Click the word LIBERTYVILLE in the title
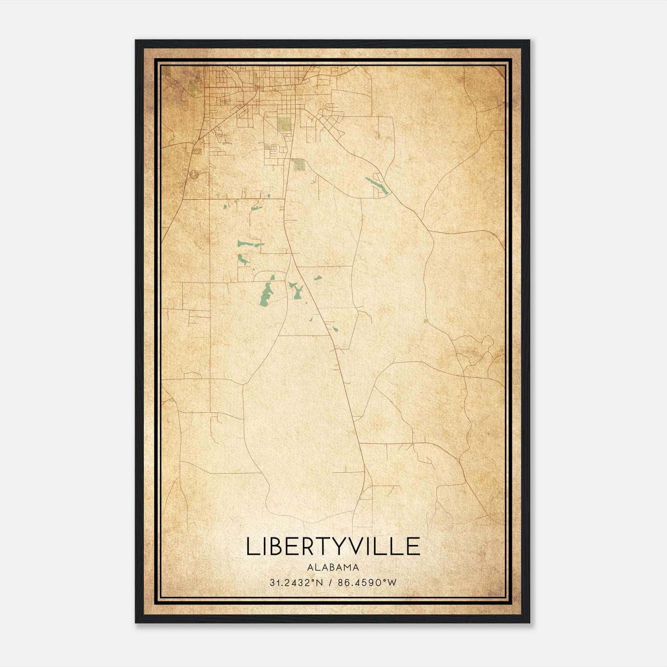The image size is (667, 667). [333, 547]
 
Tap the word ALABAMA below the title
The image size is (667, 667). [333, 567]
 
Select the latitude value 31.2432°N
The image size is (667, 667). [296, 583]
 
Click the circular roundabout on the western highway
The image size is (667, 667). [193, 175]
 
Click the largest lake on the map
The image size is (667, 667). [265, 294]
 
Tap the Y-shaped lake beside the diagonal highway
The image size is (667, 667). [296, 290]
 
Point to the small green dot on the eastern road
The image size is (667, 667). [425, 321]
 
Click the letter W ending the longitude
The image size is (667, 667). [391, 583]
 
